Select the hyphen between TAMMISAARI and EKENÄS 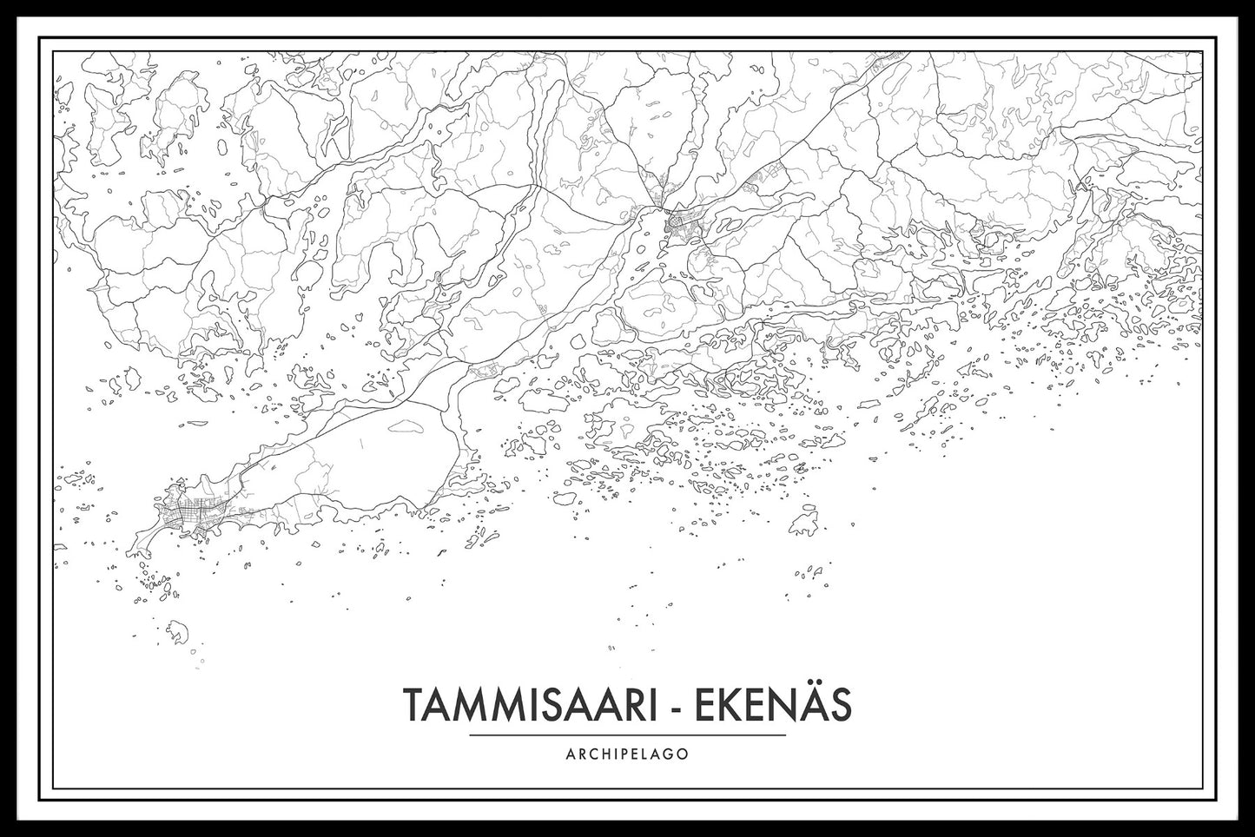pyautogui.click(x=671, y=707)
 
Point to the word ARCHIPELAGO pyautogui.click(x=628, y=754)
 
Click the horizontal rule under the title pyautogui.click(x=627, y=735)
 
